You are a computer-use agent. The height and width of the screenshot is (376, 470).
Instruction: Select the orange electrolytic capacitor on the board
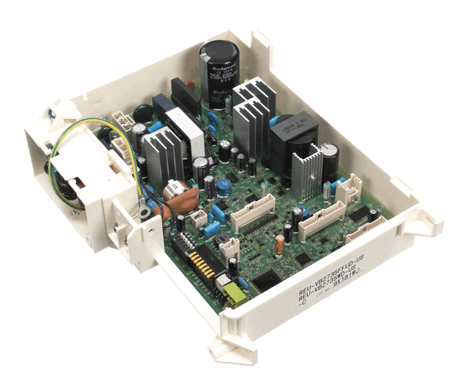click(279, 244)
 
